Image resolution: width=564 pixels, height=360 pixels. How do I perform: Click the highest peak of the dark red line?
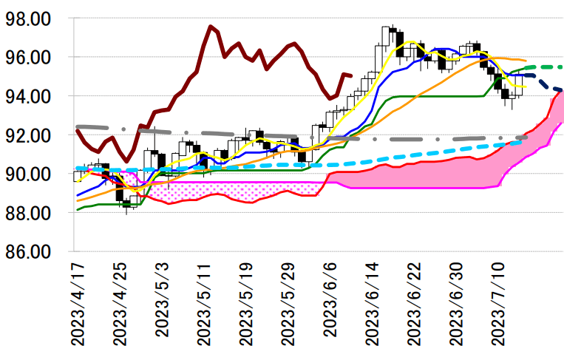coord(211,27)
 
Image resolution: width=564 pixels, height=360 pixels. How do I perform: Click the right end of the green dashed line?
coord(562,67)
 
